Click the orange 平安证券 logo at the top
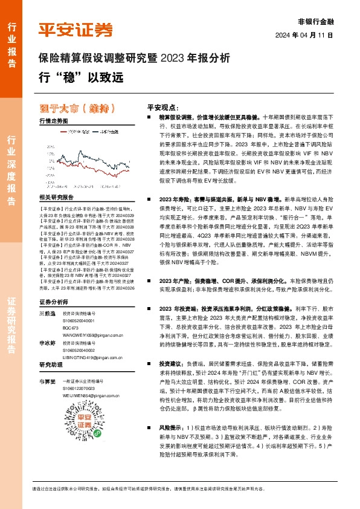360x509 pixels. pyautogui.click(x=76, y=29)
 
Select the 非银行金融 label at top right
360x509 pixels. pyautogui.click(x=316, y=21)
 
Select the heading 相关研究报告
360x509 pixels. pyautogui.click(x=56, y=198)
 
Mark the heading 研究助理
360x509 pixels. pyautogui.click(x=51, y=366)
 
